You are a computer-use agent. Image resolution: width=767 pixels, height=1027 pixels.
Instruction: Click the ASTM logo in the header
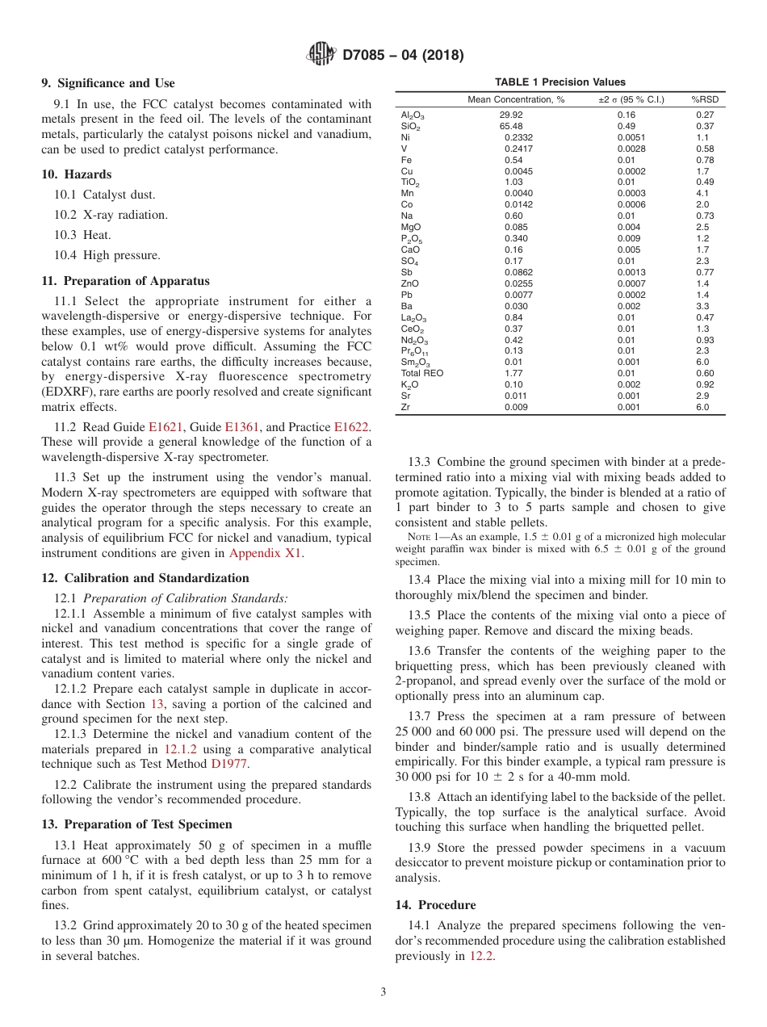322,55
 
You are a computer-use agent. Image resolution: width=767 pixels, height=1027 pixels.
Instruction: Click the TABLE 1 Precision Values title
560,82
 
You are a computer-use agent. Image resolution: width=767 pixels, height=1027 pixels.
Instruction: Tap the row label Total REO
421,374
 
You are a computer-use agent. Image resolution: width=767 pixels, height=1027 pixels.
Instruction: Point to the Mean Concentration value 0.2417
518,149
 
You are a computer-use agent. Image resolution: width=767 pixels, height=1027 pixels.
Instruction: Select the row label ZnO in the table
410,283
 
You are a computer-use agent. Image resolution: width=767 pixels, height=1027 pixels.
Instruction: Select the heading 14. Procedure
435,905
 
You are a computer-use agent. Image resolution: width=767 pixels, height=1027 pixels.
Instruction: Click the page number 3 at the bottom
383,992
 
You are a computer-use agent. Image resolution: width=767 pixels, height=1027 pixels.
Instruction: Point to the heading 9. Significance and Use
107,83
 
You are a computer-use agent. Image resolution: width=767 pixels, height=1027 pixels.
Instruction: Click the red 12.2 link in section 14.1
482,956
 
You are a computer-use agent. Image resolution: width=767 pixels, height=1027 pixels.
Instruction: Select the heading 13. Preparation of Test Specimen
136,824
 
